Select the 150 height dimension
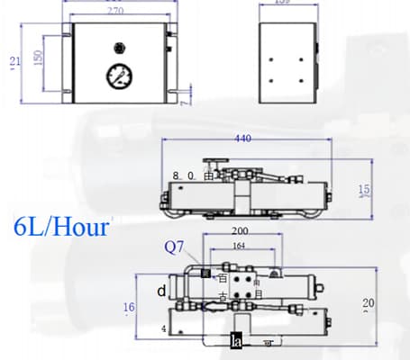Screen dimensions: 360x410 (x=38, y=57)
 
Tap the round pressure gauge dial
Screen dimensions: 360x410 (x=117, y=76)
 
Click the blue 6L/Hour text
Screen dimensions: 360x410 (x=62, y=226)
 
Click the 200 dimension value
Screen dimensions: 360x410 (x=239, y=231)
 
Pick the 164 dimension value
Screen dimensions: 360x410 (x=239, y=246)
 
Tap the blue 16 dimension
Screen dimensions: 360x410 (x=129, y=308)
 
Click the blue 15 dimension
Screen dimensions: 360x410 (x=364, y=190)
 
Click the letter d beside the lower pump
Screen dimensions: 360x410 (x=161, y=291)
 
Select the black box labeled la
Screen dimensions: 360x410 (x=236, y=341)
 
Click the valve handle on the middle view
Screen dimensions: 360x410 (x=213, y=162)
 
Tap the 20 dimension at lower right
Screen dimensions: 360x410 (x=368, y=302)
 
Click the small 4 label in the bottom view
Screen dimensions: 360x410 (x=163, y=329)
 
